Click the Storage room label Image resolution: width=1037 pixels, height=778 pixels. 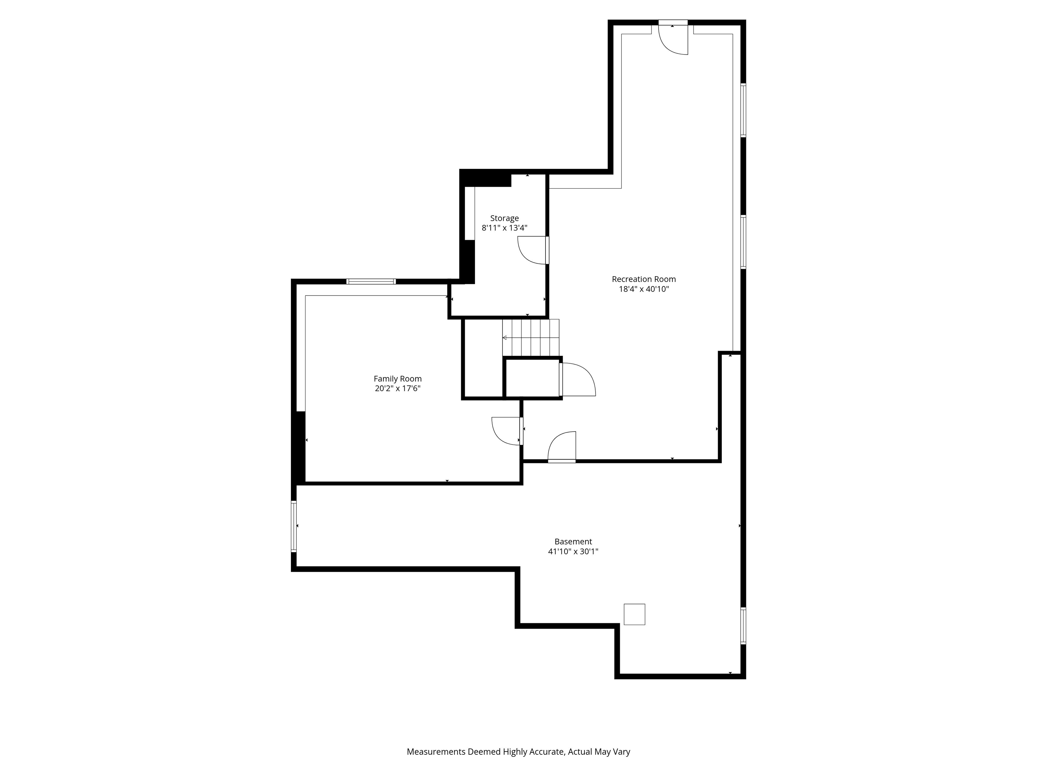pyautogui.click(x=504, y=218)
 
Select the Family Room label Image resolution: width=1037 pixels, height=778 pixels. pyautogui.click(x=398, y=379)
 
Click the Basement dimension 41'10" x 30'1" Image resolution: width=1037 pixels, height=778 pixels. pyautogui.click(x=573, y=551)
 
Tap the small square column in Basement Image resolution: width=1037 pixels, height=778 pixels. pyautogui.click(x=634, y=614)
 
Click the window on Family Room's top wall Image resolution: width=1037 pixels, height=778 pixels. pyautogui.click(x=371, y=281)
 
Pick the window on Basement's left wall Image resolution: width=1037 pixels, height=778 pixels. pyautogui.click(x=294, y=526)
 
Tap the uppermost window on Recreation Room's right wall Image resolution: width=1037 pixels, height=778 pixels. pyautogui.click(x=743, y=110)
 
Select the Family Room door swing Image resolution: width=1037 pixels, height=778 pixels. pyautogui.click(x=505, y=431)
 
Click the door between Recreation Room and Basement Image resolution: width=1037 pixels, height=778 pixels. pyautogui.click(x=562, y=447)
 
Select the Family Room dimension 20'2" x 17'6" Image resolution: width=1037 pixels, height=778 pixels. pyautogui.click(x=398, y=389)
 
